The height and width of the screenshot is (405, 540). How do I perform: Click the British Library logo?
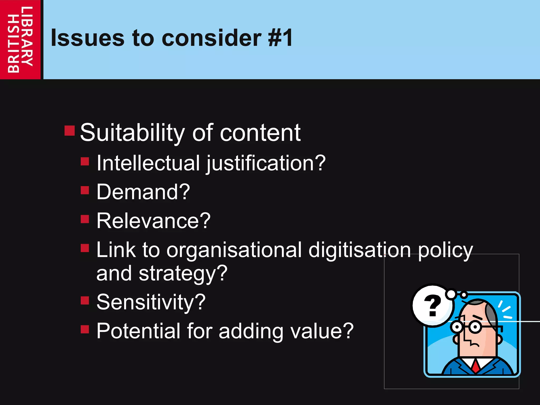click(x=20, y=39)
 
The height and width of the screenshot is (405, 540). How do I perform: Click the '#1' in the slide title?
click(x=280, y=38)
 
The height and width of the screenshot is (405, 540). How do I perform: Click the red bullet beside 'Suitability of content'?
click(x=70, y=130)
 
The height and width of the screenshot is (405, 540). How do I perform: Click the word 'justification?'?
click(x=266, y=163)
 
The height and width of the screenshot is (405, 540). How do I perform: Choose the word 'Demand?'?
click(x=143, y=192)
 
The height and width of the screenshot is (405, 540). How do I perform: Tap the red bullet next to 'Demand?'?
click(x=85, y=190)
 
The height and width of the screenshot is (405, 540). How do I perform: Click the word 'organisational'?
click(x=234, y=250)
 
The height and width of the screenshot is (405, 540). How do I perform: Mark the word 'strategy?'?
click(x=183, y=274)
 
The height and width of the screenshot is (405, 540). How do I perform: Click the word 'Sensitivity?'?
click(x=151, y=302)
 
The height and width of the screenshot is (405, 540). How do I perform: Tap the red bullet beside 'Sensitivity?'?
click(x=85, y=300)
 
